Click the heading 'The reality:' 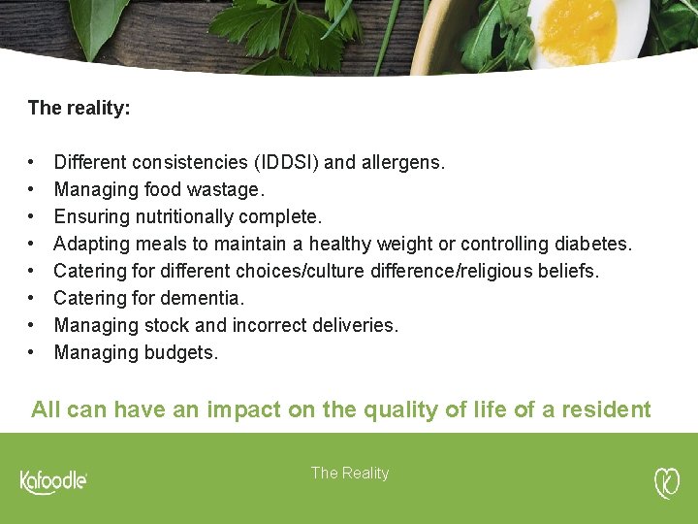[x=79, y=108]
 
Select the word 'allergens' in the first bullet [x=401, y=162]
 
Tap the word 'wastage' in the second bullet [x=225, y=189]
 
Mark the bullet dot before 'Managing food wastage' [x=33, y=189]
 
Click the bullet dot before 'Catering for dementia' [x=33, y=298]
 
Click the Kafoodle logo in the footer [x=53, y=481]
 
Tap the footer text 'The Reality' [x=349, y=474]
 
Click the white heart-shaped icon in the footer [x=667, y=481]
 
